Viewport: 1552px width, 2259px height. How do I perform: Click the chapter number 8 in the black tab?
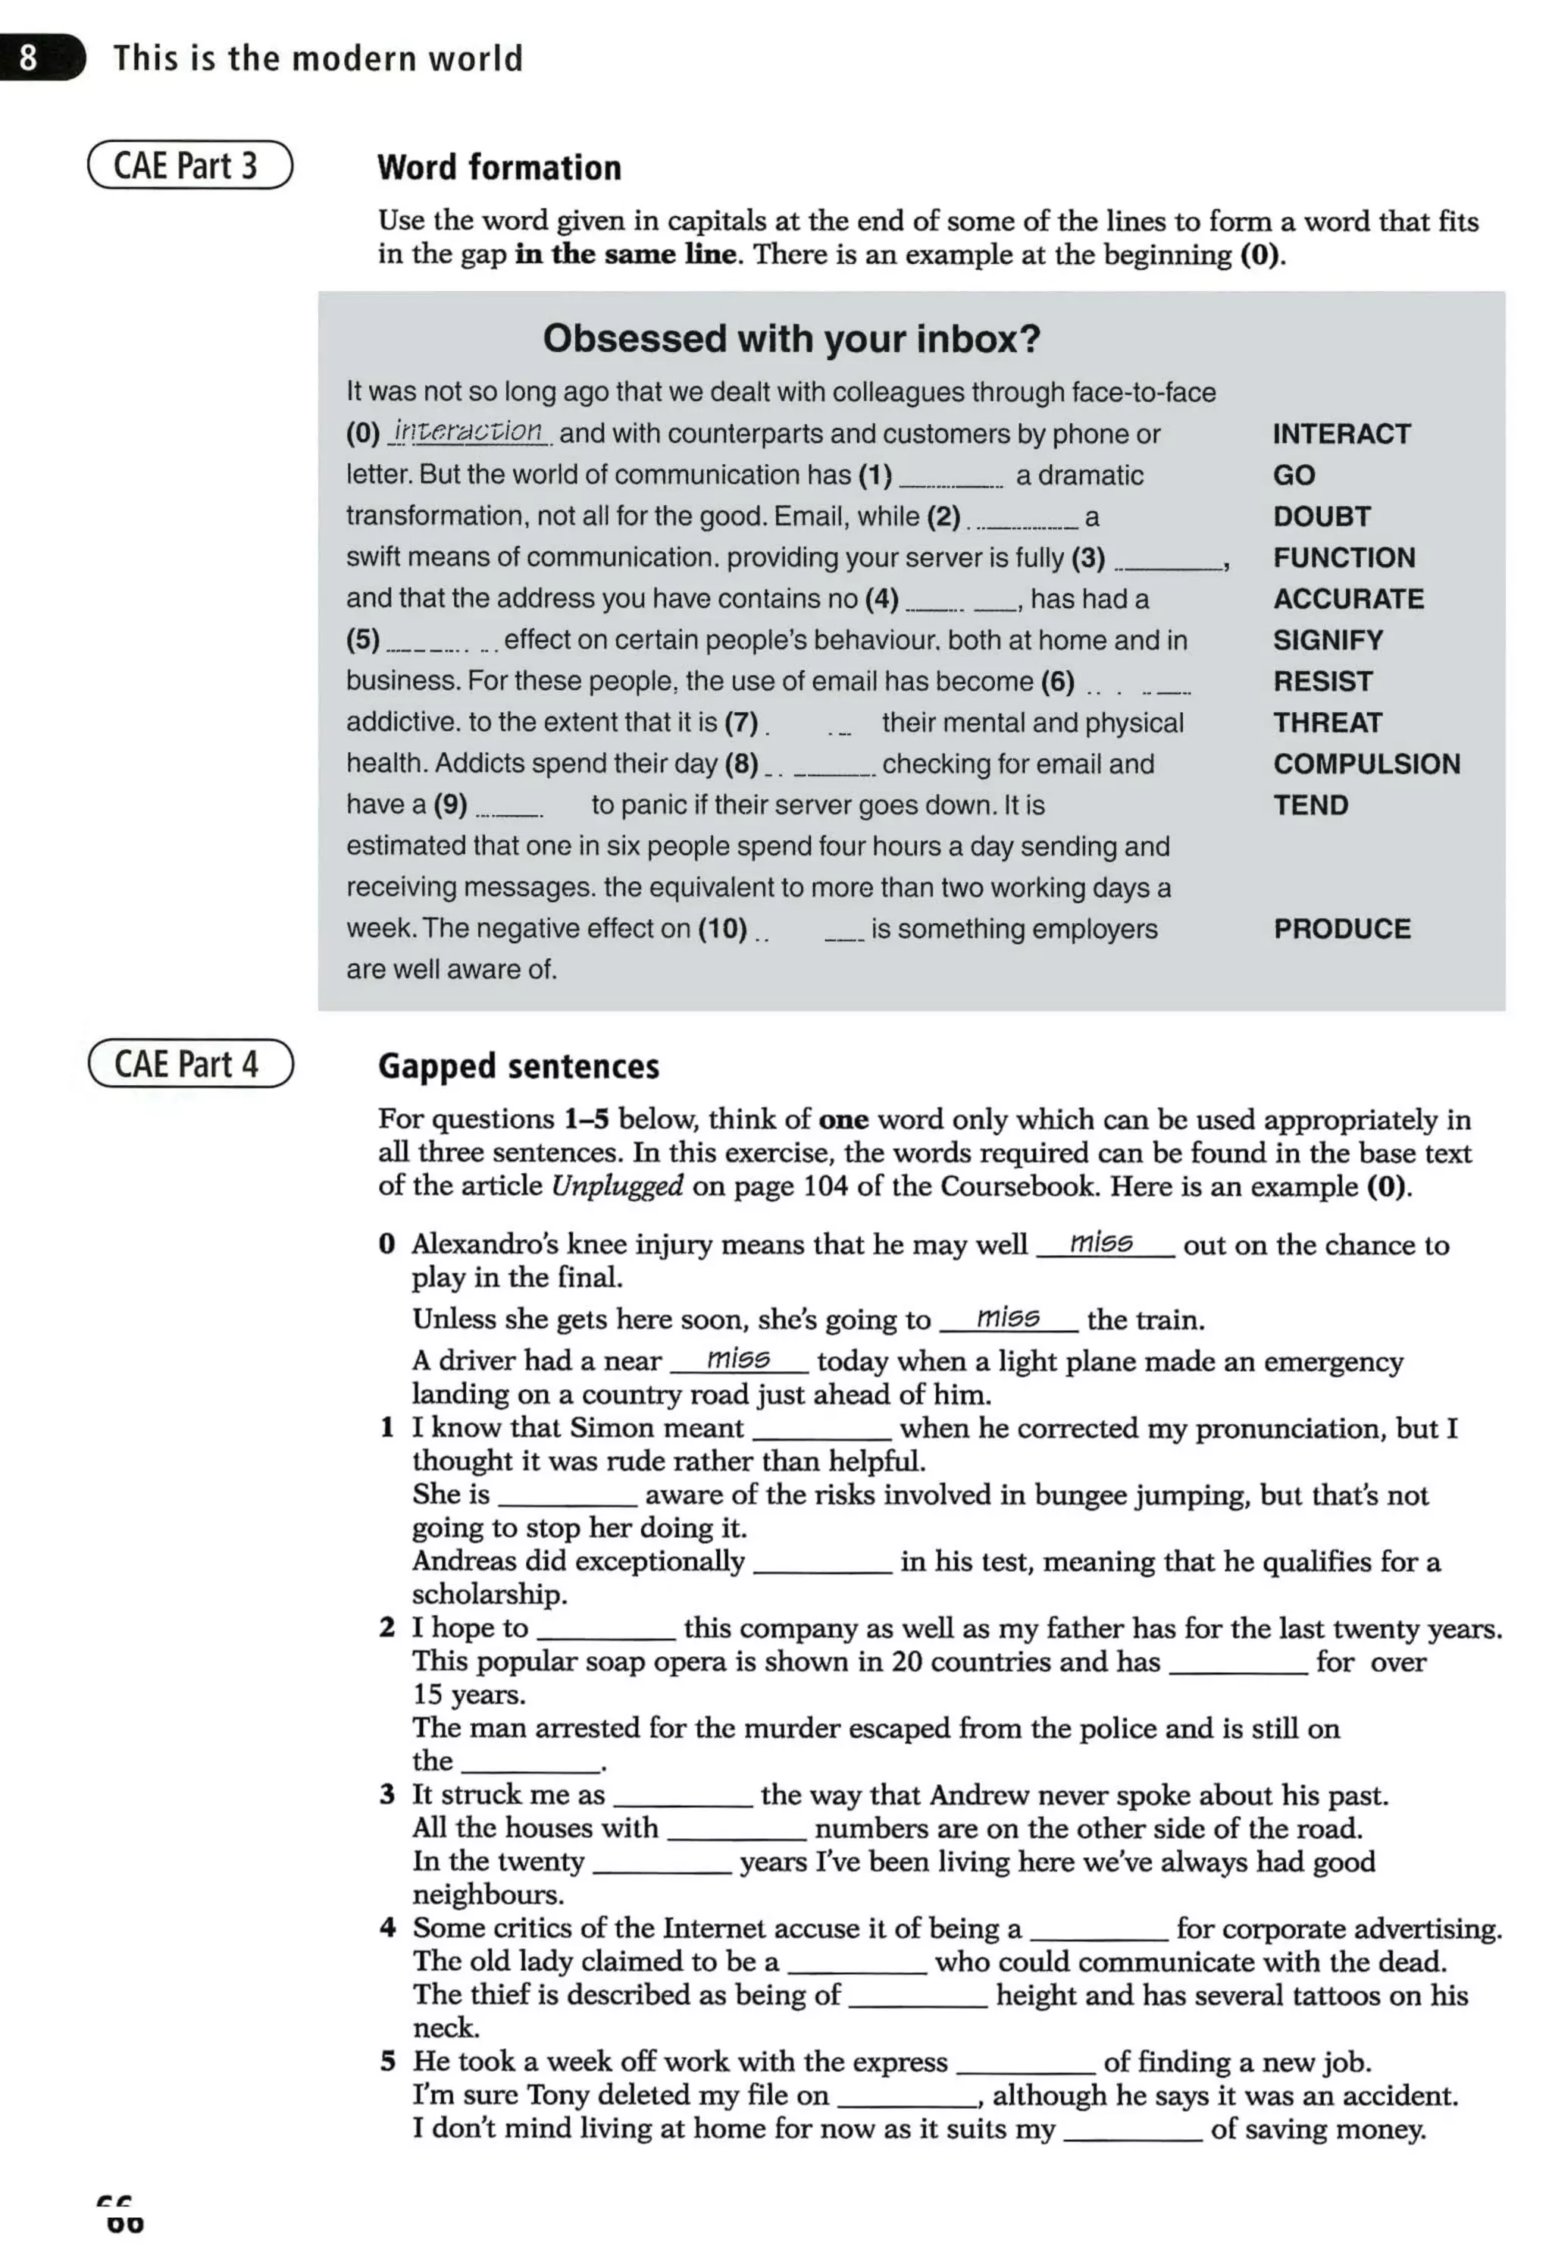(28, 58)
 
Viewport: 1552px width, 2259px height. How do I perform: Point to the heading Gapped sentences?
(518, 1066)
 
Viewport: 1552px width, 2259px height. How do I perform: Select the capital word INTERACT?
(1341, 434)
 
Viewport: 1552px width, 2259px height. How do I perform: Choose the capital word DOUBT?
(1322, 516)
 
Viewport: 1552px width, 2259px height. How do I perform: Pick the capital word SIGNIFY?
(1328, 640)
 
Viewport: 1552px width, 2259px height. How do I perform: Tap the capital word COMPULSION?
(1366, 764)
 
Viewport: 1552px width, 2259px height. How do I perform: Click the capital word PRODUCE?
(1341, 929)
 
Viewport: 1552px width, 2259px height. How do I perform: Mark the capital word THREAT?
(1328, 723)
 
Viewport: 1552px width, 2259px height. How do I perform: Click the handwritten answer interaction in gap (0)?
(469, 431)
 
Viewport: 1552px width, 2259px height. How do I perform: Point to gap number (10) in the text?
(721, 929)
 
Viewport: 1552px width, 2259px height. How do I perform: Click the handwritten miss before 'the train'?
(1007, 1317)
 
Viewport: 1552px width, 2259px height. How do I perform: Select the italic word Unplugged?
(617, 1186)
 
